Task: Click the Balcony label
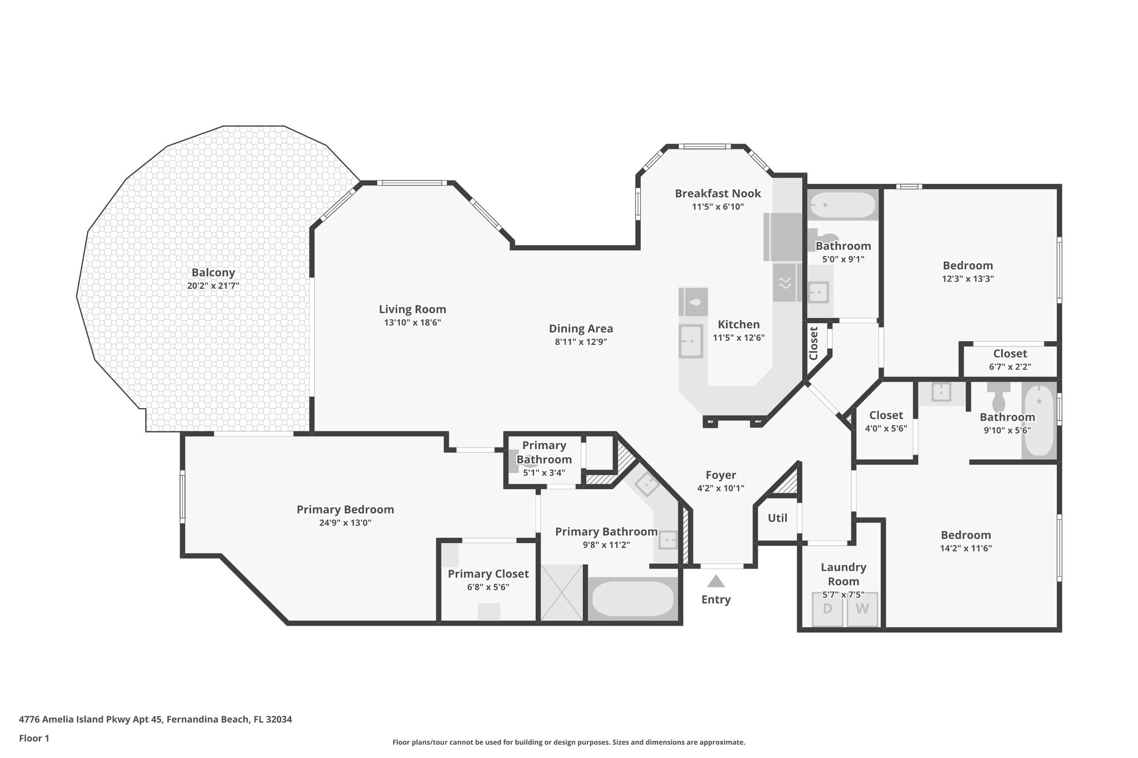[213, 273]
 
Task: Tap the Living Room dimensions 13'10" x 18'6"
[412, 323]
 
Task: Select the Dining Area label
[581, 329]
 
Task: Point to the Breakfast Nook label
[717, 193]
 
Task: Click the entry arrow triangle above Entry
[716, 581]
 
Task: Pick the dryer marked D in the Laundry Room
[827, 609]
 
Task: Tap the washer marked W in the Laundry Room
[862, 609]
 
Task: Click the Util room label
[777, 518]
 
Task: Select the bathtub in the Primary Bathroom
[633, 599]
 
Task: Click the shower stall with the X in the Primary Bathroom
[562, 593]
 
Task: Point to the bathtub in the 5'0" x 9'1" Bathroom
[842, 205]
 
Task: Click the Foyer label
[721, 475]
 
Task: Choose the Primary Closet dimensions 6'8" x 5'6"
[488, 587]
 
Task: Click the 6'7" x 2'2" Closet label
[1010, 354]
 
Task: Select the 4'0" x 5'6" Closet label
[886, 415]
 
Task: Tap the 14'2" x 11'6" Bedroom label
[966, 535]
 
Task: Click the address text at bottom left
[156, 719]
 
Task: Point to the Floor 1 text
[34, 738]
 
